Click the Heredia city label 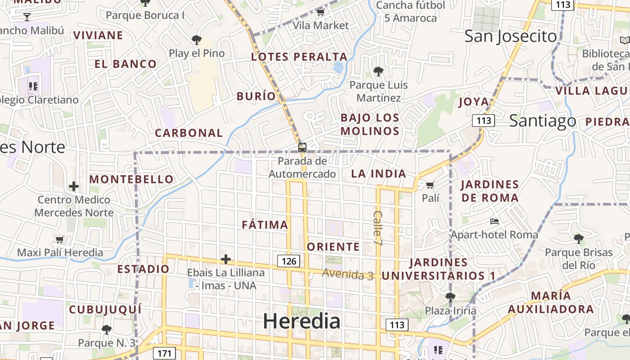[301, 321]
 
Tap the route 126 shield [288, 261]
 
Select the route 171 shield [164, 353]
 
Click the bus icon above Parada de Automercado [302, 147]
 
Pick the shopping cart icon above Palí [430, 185]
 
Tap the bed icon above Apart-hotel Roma [495, 221]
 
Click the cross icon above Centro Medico [74, 186]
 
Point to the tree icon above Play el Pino [197, 40]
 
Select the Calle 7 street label [378, 228]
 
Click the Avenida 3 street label [348, 274]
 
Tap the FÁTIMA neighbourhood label [265, 225]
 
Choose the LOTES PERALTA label [299, 57]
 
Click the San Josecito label [510, 36]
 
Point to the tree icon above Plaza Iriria [450, 297]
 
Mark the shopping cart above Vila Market [320, 12]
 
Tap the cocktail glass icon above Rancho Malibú [27, 17]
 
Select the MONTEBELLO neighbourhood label [131, 179]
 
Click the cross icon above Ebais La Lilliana [226, 259]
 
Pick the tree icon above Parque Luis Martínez [378, 71]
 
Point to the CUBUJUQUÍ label [105, 310]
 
